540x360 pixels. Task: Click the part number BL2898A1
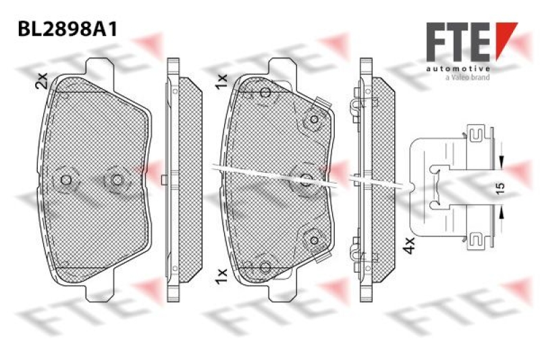tap(67, 29)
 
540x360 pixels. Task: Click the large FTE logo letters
tap(458, 42)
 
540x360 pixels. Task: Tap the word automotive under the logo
tap(458, 69)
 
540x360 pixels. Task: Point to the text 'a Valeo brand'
tap(467, 78)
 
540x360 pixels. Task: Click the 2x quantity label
tap(41, 81)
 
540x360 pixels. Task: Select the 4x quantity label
tap(409, 245)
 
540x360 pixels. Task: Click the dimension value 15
tap(500, 188)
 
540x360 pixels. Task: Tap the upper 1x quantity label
tap(221, 82)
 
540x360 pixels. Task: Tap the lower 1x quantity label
tap(221, 276)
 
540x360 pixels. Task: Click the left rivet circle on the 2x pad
tap(65, 180)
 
